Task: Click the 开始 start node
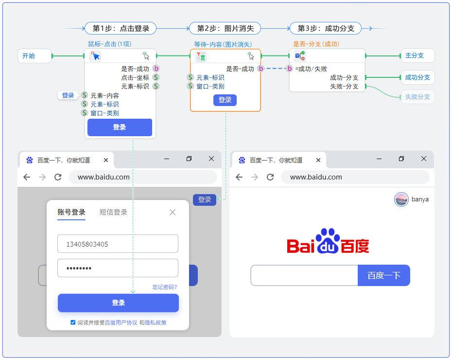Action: pyautogui.click(x=34, y=56)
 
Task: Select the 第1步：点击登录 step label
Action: pyautogui.click(x=121, y=28)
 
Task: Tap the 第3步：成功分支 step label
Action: pyautogui.click(x=326, y=28)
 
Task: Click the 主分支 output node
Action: pyautogui.click(x=417, y=55)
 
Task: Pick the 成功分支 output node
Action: pyautogui.click(x=417, y=77)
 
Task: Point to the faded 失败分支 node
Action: pyautogui.click(x=417, y=97)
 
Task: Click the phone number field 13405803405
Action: pyautogui.click(x=118, y=244)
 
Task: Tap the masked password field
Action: pyautogui.click(x=118, y=268)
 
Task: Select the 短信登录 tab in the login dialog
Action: pyautogui.click(x=113, y=212)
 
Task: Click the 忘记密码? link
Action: pyautogui.click(x=165, y=287)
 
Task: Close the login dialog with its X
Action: pyautogui.click(x=173, y=212)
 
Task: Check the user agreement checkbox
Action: pyautogui.click(x=73, y=322)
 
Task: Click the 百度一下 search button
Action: pyautogui.click(x=383, y=275)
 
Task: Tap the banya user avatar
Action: pyautogui.click(x=401, y=199)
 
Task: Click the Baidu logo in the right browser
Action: pyautogui.click(x=328, y=242)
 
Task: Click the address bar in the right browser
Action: pyautogui.click(x=355, y=177)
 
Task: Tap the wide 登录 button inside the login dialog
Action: pyautogui.click(x=118, y=303)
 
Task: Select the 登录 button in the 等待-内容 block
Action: pyautogui.click(x=225, y=100)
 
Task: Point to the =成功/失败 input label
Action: pyautogui.click(x=311, y=69)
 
